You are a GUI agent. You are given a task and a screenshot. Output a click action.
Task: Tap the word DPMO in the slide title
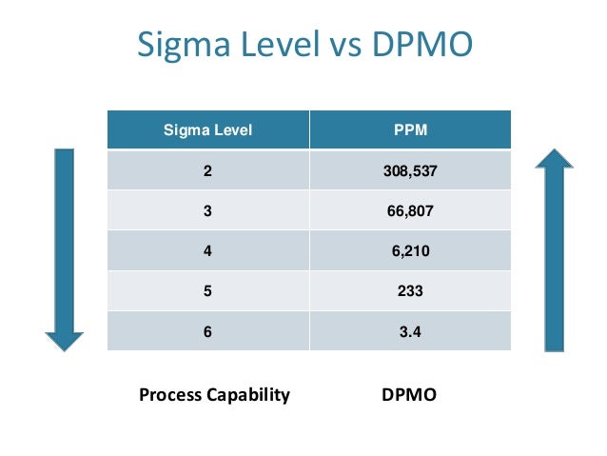tap(419, 46)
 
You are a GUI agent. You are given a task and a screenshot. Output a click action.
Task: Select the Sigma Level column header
tap(208, 130)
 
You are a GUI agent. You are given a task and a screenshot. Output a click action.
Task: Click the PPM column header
tap(410, 130)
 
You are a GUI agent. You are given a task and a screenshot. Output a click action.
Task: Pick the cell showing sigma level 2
tap(208, 171)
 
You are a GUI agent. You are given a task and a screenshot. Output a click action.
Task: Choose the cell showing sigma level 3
tap(208, 212)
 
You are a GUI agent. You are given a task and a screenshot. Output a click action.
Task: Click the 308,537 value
tap(410, 171)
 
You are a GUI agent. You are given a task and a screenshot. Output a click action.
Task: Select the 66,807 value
tap(410, 212)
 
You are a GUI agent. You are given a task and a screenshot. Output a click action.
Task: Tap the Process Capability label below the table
tap(214, 394)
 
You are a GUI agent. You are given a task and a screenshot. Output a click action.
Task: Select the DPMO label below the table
tap(408, 394)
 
